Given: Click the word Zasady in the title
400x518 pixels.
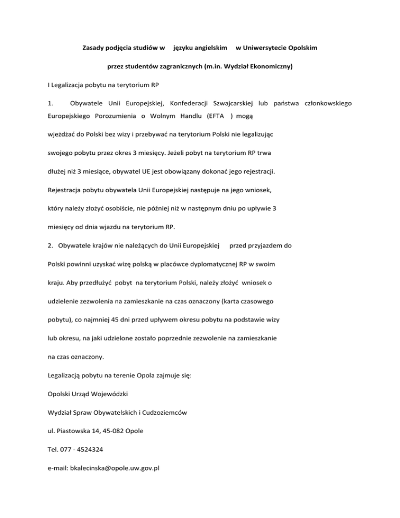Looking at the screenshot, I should click(95, 48).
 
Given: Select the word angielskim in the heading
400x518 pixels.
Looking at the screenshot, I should click(210, 48).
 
